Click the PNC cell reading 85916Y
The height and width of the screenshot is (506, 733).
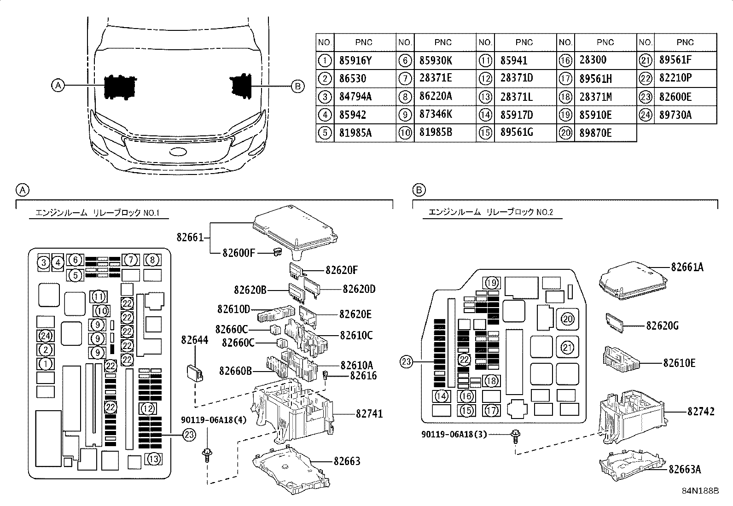355,61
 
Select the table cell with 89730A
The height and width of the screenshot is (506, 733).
675,115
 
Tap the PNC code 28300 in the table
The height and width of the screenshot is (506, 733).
593,59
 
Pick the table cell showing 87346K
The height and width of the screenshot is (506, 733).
436,114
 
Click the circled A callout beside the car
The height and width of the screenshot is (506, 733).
58,86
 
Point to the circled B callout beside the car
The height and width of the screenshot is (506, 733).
297,87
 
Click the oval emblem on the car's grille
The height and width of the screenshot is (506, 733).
178,152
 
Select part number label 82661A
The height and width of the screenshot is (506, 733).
687,267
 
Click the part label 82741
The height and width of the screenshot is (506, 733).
369,414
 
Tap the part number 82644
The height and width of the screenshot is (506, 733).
195,340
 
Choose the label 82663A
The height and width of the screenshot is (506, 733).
685,469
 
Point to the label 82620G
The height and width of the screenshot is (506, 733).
662,326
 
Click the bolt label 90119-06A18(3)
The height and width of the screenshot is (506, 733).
454,434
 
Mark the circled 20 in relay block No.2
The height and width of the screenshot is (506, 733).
567,319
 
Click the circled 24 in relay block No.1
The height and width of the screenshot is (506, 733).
46,336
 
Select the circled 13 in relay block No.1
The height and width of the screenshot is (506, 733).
153,459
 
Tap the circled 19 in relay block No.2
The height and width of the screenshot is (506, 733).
491,283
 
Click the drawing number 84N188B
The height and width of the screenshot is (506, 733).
700,491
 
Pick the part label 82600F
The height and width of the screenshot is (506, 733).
239,253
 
